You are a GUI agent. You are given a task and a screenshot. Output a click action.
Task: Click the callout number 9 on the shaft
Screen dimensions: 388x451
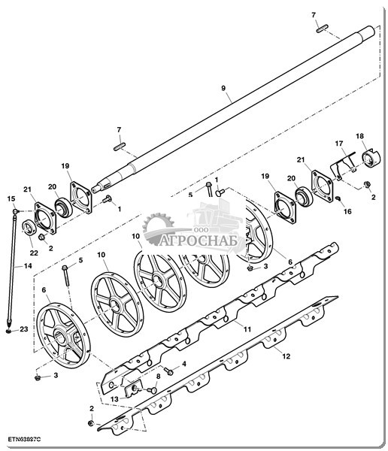[x=223, y=88]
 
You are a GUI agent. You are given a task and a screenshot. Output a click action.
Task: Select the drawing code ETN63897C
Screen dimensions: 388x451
[x=25, y=440]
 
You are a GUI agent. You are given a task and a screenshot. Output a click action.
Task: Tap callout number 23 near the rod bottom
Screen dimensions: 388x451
[x=24, y=329]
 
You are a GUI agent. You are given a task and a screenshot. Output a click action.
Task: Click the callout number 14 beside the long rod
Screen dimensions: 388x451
[x=28, y=266]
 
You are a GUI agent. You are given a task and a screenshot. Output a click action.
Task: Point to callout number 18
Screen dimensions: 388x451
[x=359, y=136]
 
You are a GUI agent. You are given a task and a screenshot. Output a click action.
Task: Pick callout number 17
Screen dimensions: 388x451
[x=339, y=144]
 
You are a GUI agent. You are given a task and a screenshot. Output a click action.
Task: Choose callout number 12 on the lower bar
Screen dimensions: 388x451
[x=286, y=356]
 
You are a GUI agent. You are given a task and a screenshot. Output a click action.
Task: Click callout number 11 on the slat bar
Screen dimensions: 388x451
[x=247, y=329]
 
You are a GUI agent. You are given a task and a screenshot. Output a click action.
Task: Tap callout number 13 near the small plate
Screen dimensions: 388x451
[x=114, y=399]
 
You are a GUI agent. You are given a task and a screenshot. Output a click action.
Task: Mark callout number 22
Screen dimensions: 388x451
[x=34, y=253]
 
